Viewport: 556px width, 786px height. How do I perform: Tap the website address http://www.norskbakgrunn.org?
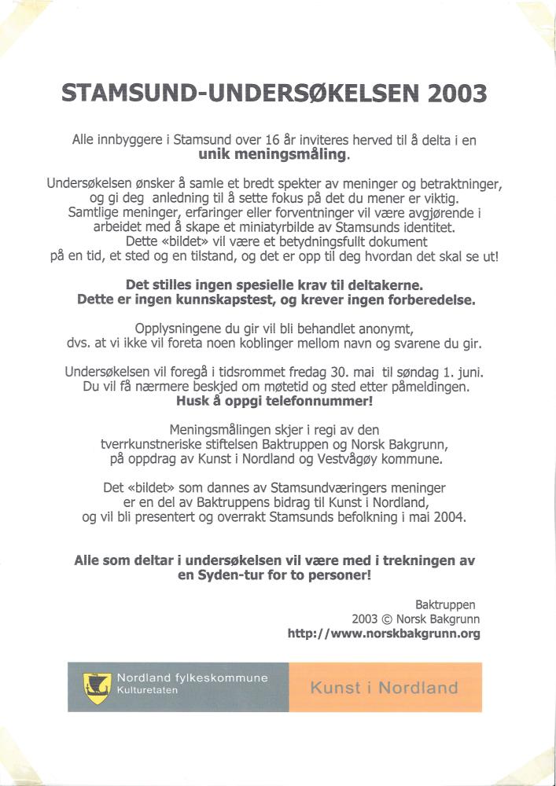click(x=384, y=634)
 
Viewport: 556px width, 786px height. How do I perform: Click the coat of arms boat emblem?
click(x=95, y=688)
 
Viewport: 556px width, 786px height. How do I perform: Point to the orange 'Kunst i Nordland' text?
click(x=384, y=688)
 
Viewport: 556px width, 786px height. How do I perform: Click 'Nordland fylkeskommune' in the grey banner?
click(x=192, y=678)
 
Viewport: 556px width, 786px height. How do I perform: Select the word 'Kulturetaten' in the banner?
click(x=148, y=691)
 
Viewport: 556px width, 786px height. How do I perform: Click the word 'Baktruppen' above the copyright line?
click(x=445, y=604)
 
